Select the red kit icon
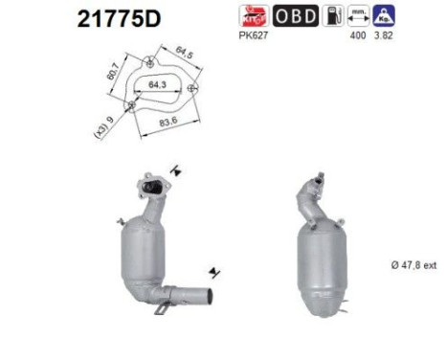(x=256, y=16)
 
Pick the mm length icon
(x=361, y=16)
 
